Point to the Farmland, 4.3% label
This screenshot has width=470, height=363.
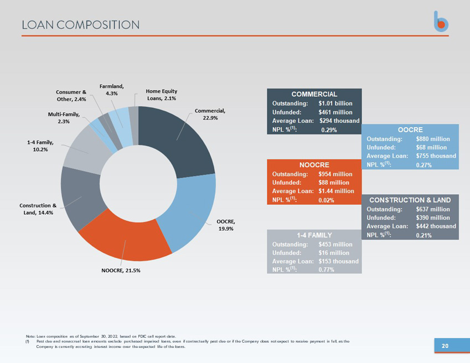coord(112,90)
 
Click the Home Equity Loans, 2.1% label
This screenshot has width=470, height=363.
coord(161,95)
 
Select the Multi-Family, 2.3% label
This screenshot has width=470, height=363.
coord(64,118)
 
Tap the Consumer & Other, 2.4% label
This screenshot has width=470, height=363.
coord(71,96)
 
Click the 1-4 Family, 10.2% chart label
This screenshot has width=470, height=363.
coord(40,146)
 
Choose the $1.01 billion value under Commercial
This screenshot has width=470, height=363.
coord(335,103)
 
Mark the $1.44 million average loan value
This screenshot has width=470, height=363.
coord(337,191)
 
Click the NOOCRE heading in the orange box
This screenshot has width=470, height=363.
coord(314,165)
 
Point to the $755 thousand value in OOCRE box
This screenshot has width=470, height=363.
coord(436,156)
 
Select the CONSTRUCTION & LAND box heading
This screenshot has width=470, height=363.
coord(410,200)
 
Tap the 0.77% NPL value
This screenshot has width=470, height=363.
coord(327,269)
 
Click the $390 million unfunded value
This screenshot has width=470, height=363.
coord(433,217)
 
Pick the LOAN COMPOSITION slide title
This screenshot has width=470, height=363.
coord(81,25)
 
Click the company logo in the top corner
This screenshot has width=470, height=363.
coord(441,22)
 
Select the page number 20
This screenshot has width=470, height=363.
coord(445,346)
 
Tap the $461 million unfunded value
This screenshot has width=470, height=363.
coord(335,112)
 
